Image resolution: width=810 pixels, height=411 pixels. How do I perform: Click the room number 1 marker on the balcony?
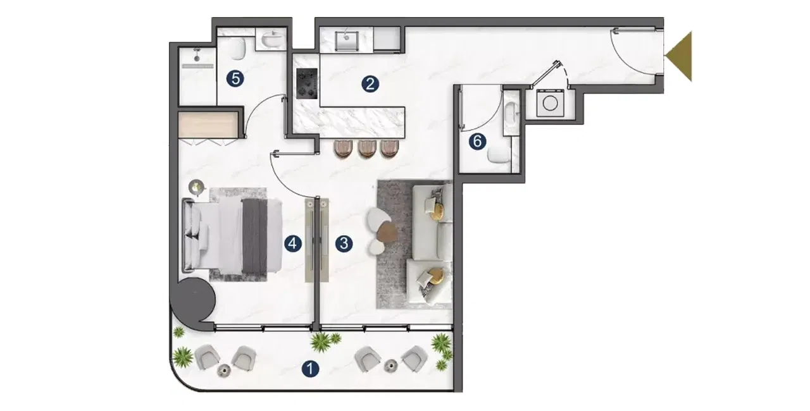coord(309,368)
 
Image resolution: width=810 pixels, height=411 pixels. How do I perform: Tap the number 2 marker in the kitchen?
coord(370,83)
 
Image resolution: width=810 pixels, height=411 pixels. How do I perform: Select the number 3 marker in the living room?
coord(344,242)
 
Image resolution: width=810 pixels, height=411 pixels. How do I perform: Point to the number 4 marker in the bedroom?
coord(292,242)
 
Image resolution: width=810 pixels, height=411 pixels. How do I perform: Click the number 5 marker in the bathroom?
coord(234,78)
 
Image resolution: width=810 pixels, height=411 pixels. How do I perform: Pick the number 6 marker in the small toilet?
coord(478,142)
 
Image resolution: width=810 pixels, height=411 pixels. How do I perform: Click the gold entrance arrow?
coord(680,56)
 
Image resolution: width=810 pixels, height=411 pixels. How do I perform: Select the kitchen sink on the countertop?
coord(347,40)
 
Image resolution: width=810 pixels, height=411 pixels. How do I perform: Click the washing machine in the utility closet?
coord(549,104)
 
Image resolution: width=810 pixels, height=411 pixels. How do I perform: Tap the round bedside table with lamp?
coord(198,187)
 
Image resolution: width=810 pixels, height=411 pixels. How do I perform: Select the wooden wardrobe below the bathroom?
coord(209,124)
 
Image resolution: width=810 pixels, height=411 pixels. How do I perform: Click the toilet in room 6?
coord(500,152)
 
